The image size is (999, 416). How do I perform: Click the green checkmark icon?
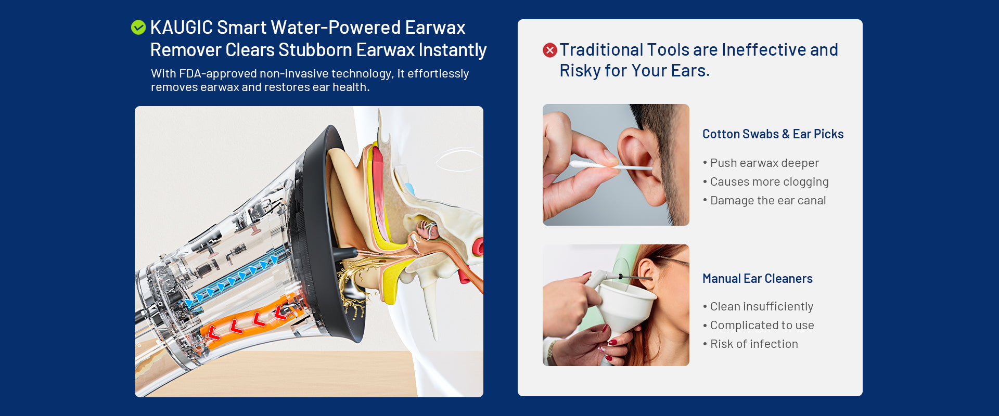(x=138, y=27)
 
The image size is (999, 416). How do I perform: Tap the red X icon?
(x=550, y=50)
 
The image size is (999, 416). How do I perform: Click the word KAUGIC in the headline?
(x=182, y=28)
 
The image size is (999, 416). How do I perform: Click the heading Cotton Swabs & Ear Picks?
(x=773, y=134)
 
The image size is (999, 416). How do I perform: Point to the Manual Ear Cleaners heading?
(x=757, y=279)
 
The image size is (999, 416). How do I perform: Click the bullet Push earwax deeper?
(x=761, y=163)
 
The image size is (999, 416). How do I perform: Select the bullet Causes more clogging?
(x=765, y=182)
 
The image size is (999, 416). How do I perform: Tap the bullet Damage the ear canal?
(x=764, y=201)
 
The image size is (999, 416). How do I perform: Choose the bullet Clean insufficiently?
(x=758, y=307)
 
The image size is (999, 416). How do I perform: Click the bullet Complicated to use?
(x=758, y=326)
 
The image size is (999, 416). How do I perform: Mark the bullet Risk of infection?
(x=750, y=344)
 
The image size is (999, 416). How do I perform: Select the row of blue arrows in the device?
(x=232, y=281)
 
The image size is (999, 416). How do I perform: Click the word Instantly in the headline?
(x=453, y=50)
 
